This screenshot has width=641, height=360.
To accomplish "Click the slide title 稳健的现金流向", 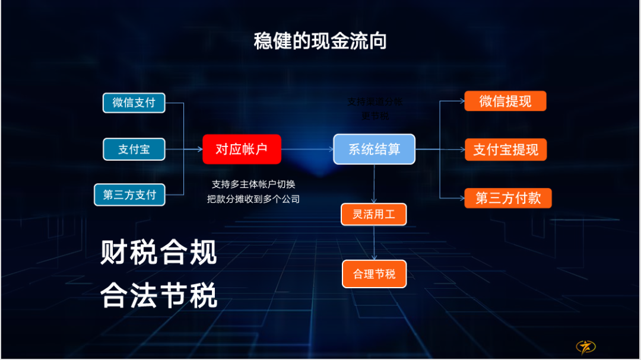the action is point(320,41).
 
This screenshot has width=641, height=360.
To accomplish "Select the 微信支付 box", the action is point(134,103).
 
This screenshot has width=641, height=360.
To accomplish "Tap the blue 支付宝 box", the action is point(134,149).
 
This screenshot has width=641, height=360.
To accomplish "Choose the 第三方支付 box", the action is point(129,195).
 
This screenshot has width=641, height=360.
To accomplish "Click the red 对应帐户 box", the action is point(242,149).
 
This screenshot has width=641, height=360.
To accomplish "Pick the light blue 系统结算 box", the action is point(374,149).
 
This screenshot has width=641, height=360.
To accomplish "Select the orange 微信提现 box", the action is point(505,101).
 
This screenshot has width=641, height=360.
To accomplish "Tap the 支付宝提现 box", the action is point(505,149).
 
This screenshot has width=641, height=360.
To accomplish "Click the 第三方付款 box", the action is point(507,198).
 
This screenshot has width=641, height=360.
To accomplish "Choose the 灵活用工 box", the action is point(373,214).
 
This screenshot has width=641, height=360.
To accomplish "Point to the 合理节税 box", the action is point(374,274).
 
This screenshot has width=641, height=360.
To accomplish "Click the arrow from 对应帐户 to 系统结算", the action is point(307,149).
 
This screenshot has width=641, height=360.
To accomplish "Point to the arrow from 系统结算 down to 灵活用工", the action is point(374,184).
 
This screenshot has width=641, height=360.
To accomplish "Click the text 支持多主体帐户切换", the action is point(253,184).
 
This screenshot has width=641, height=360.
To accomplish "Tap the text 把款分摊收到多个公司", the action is point(253,199).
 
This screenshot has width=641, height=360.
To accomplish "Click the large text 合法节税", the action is point(159,295).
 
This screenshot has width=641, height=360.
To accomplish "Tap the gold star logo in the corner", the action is point(586,346).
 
